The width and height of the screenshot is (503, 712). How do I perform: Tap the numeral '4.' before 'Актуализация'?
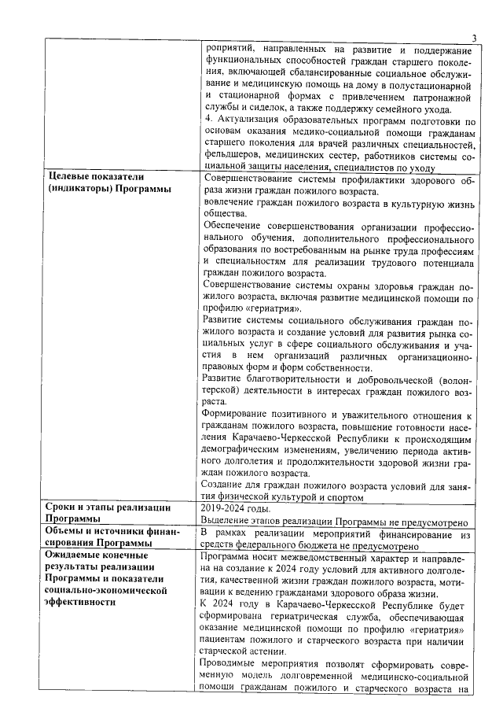click(207, 120)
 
